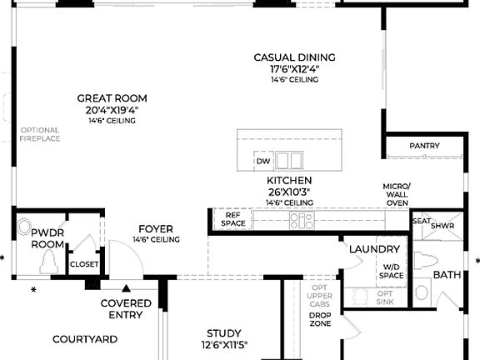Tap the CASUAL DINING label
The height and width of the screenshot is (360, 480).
click(x=294, y=57)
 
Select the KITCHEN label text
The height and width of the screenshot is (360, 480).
click(x=289, y=180)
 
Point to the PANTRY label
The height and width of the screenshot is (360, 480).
click(x=424, y=146)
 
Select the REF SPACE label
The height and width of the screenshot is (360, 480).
click(x=232, y=219)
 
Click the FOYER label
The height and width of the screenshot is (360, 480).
click(x=156, y=228)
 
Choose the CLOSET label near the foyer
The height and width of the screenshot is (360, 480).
click(x=84, y=264)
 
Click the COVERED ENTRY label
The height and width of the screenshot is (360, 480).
click(x=126, y=308)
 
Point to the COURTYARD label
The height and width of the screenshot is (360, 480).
click(x=85, y=339)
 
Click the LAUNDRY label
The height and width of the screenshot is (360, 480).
click(x=375, y=249)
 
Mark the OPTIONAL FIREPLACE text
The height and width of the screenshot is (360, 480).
click(x=40, y=134)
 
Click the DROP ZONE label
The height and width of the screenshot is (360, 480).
click(x=320, y=320)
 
